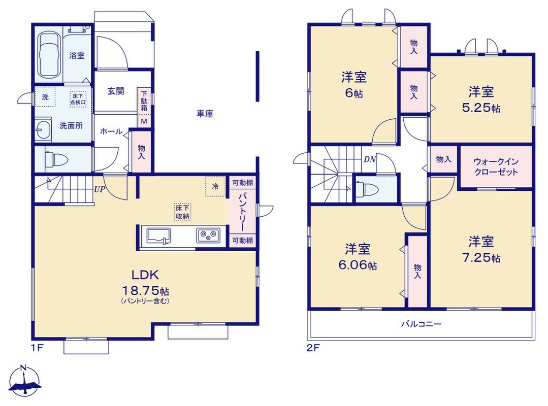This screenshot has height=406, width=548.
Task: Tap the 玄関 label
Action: [x=115, y=91]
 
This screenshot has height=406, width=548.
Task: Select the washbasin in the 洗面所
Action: [x=43, y=129]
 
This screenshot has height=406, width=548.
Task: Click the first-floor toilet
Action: [x=56, y=159]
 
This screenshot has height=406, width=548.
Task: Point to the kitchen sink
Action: [x=158, y=235]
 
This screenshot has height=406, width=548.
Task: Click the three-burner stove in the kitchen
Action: [x=208, y=235]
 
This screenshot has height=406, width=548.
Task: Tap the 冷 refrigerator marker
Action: [x=216, y=186]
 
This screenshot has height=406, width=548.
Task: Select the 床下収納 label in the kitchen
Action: [x=182, y=212]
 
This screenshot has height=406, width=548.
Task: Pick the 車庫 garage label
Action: [x=205, y=114]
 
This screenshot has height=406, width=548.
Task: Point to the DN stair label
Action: [x=370, y=159]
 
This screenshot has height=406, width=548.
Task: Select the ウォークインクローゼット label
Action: [x=496, y=167]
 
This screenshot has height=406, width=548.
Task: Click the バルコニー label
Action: [x=421, y=324]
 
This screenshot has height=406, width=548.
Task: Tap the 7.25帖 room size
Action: [x=481, y=258]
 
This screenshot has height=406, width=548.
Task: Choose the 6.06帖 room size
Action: [x=358, y=265]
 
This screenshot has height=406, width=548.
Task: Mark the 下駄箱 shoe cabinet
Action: [x=144, y=101]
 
